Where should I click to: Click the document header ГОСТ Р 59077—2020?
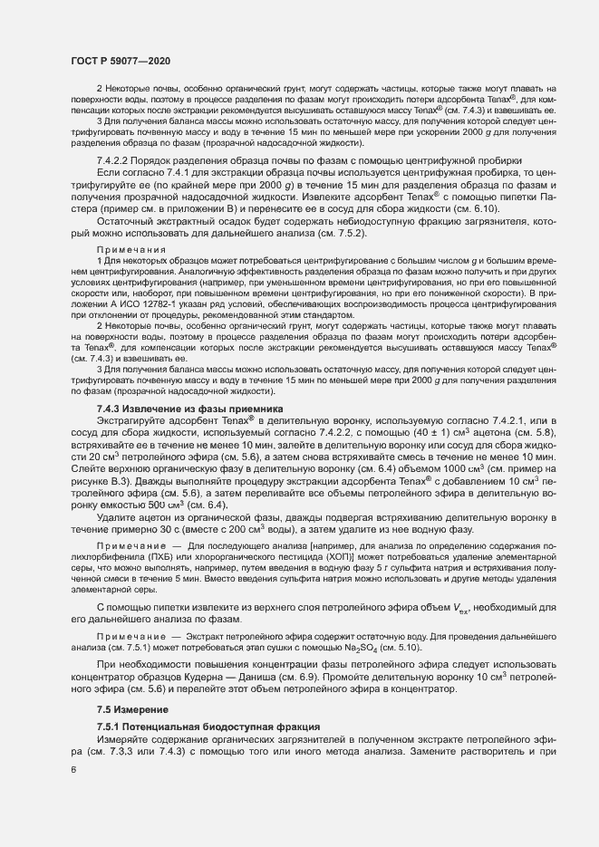click(x=120, y=60)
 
